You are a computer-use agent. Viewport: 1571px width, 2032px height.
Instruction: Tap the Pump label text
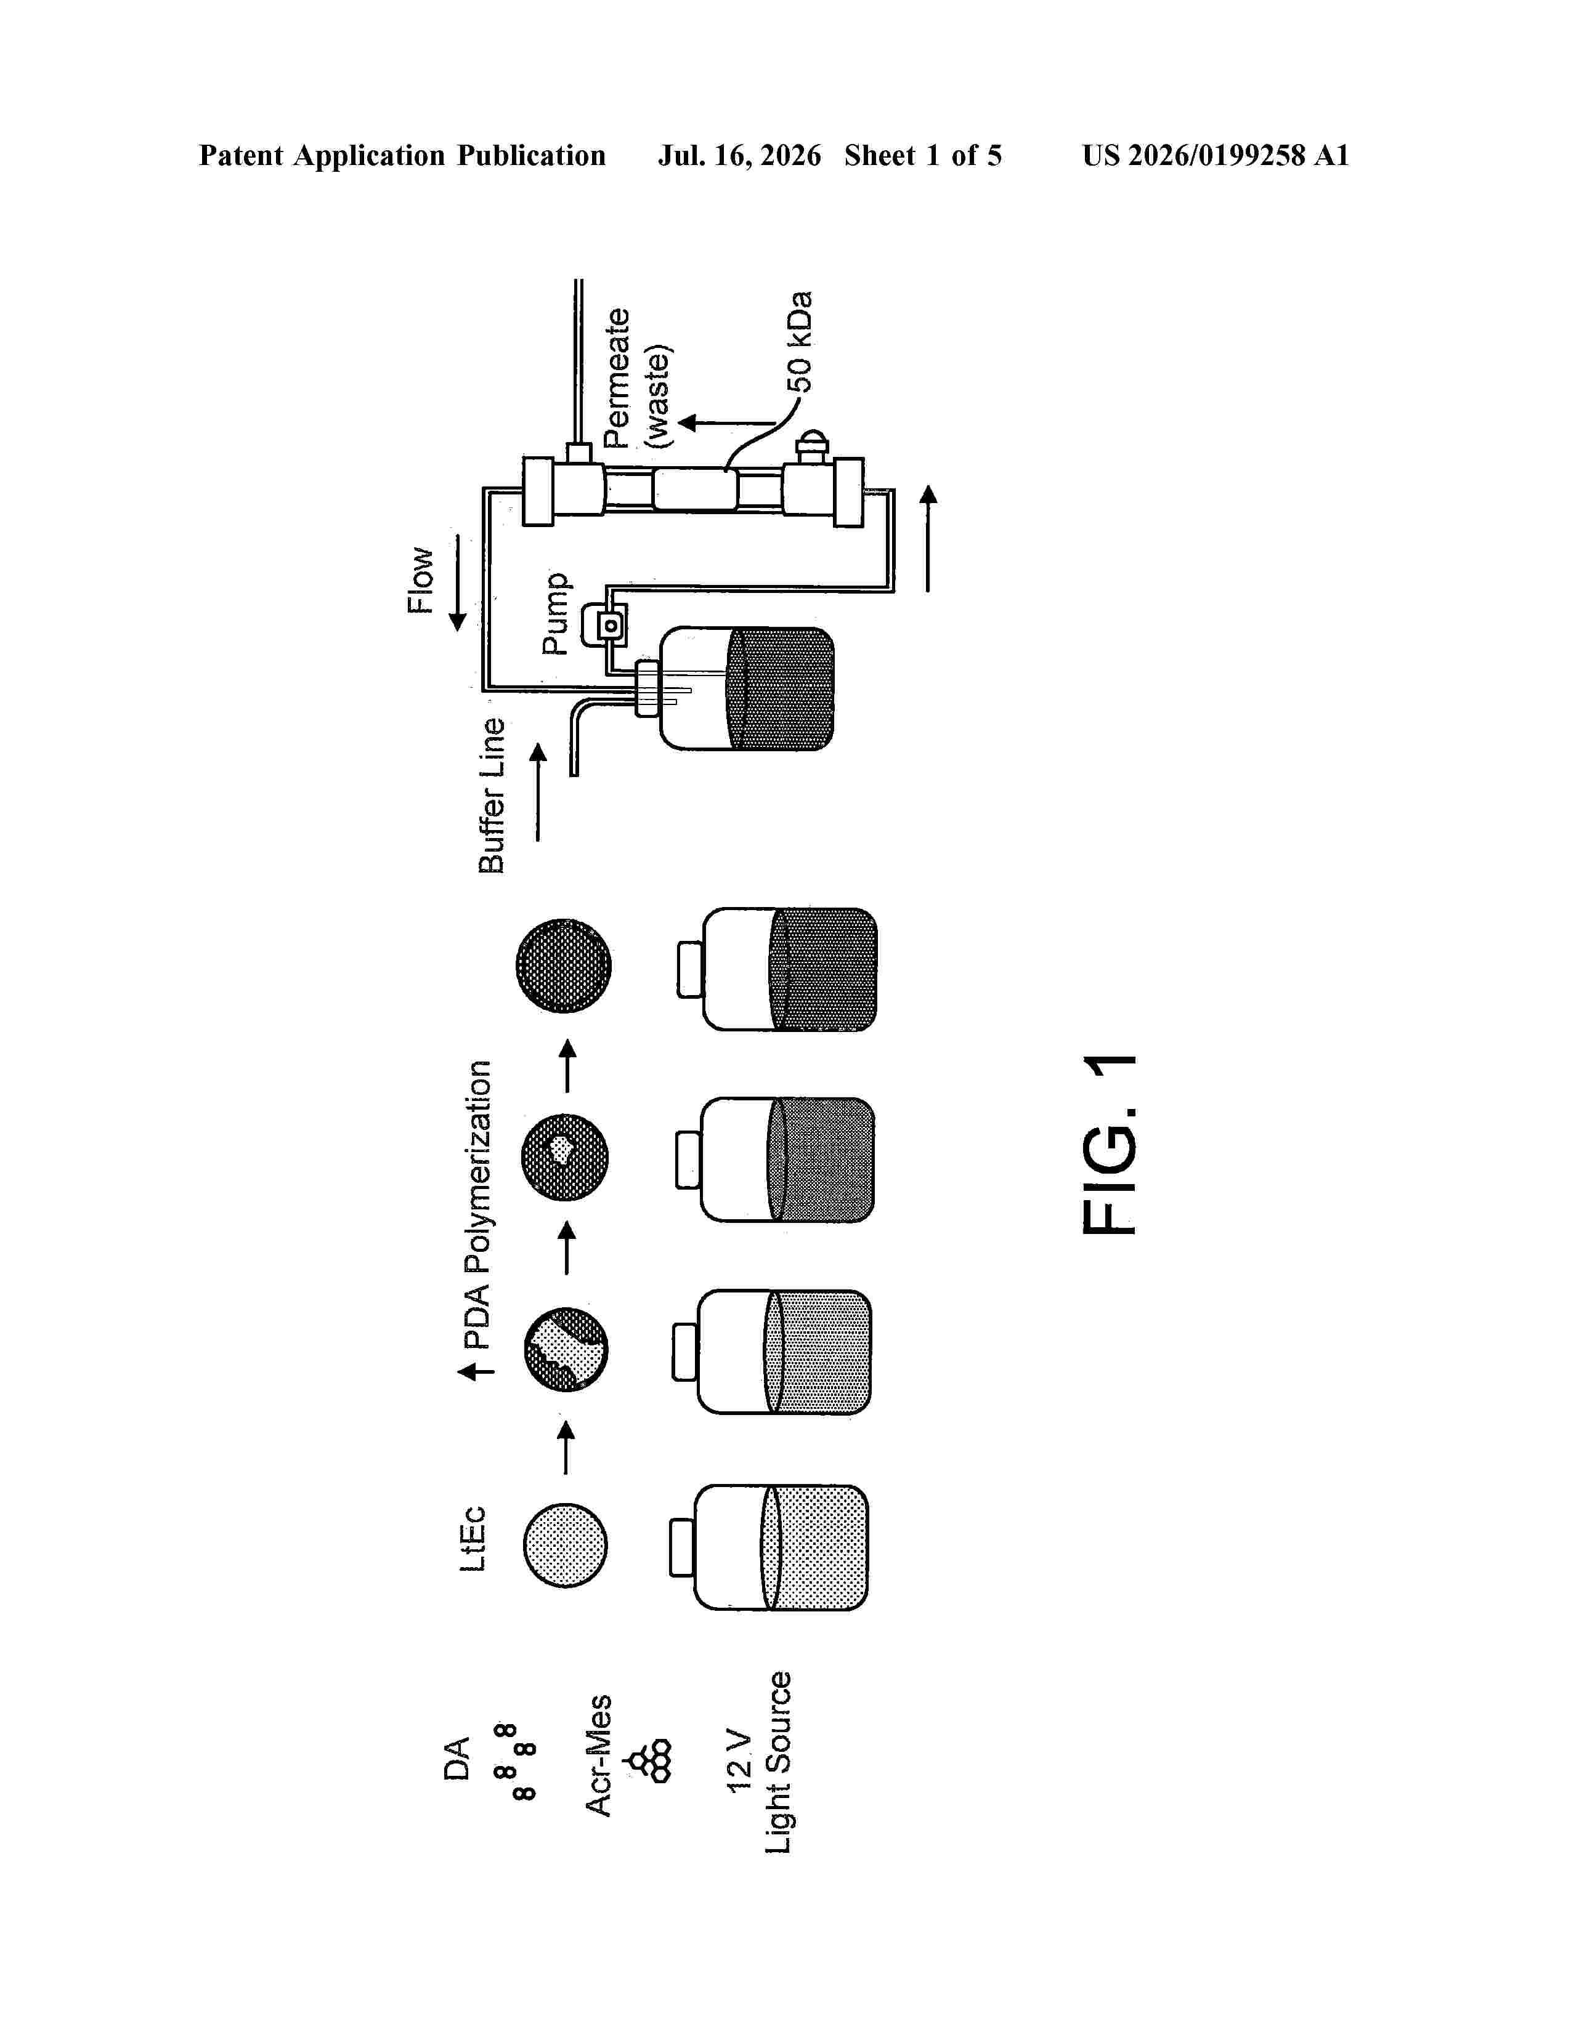[556, 613]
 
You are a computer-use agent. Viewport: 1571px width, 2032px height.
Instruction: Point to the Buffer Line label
[492, 796]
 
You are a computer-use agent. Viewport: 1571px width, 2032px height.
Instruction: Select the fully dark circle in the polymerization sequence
[564, 967]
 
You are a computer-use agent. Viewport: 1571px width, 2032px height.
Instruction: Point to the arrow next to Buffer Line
[538, 791]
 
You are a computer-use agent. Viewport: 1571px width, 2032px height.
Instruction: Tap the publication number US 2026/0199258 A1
[1216, 155]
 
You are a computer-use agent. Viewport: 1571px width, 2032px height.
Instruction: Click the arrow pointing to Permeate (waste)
[726, 424]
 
